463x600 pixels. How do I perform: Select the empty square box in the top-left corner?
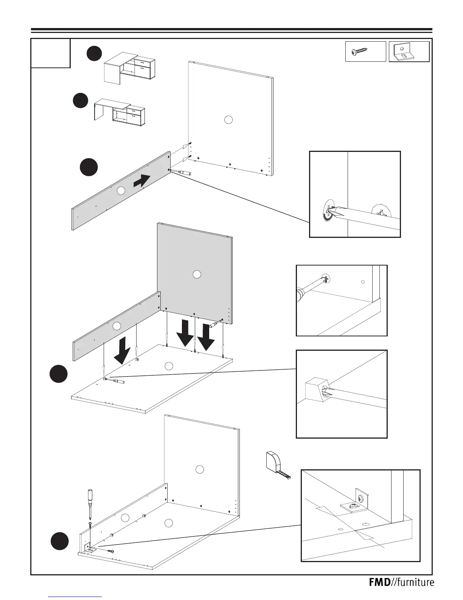point(50,53)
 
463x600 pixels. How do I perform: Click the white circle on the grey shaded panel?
point(196,275)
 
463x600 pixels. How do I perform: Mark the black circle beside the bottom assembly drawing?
point(60,541)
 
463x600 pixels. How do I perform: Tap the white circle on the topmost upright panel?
point(228,120)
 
